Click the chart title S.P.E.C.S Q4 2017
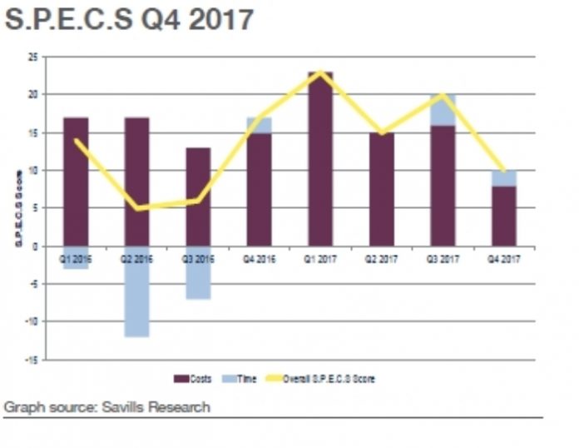tap(129, 19)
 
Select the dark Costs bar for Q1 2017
tap(320, 158)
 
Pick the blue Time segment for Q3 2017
tap(443, 110)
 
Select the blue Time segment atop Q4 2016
tap(259, 124)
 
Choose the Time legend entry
tap(241, 379)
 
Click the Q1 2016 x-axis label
tap(76, 259)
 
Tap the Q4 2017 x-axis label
tap(503, 259)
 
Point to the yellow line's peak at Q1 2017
tap(320, 72)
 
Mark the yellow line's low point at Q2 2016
tap(136, 208)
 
